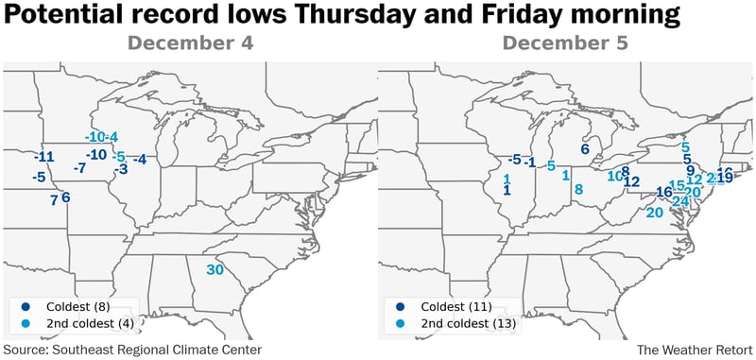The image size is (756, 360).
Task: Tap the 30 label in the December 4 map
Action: click(x=215, y=269)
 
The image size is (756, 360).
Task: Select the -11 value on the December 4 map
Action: click(x=44, y=157)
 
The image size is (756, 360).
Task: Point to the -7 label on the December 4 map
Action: click(x=79, y=167)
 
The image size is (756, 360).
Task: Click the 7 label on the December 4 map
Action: click(x=54, y=199)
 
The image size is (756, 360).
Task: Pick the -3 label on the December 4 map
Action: click(x=120, y=169)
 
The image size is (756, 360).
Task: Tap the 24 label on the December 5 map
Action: click(x=679, y=200)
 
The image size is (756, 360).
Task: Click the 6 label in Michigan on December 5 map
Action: click(x=585, y=148)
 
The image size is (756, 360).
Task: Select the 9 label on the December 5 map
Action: click(x=691, y=170)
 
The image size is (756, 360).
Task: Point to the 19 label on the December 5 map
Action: click(x=725, y=178)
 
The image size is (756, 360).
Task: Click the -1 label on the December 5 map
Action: click(x=530, y=163)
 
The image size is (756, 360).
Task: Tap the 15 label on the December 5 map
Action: click(x=676, y=186)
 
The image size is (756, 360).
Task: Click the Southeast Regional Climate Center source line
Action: click(x=131, y=350)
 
